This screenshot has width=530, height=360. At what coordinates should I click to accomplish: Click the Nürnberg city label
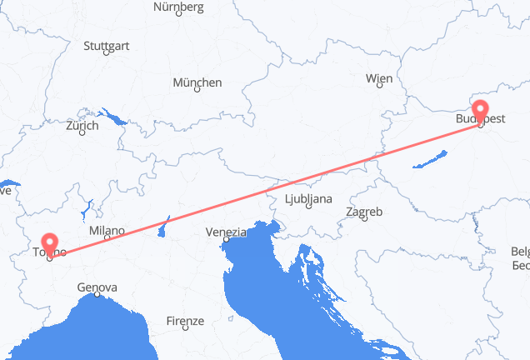point(179,7)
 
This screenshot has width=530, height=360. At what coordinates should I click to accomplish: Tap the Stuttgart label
point(106,46)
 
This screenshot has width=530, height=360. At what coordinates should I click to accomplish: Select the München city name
point(197,82)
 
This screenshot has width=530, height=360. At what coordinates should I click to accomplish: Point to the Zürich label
point(82,126)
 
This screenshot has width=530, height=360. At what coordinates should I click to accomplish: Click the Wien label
point(378,78)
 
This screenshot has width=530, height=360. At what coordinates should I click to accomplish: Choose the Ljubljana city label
point(308,199)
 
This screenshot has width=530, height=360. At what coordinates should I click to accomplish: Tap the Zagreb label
point(364,212)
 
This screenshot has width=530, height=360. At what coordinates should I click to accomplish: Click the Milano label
point(107,231)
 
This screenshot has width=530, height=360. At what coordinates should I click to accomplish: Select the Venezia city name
point(227,232)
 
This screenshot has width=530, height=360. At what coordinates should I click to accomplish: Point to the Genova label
point(97,287)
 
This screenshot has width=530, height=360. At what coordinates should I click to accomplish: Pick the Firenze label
point(185,321)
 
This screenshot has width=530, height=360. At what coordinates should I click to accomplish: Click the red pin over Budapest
point(481,110)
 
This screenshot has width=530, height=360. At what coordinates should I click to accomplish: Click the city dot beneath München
point(197,91)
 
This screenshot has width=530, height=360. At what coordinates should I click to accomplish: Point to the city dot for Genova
point(97,295)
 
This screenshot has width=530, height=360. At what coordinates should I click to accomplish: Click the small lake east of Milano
point(165,224)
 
